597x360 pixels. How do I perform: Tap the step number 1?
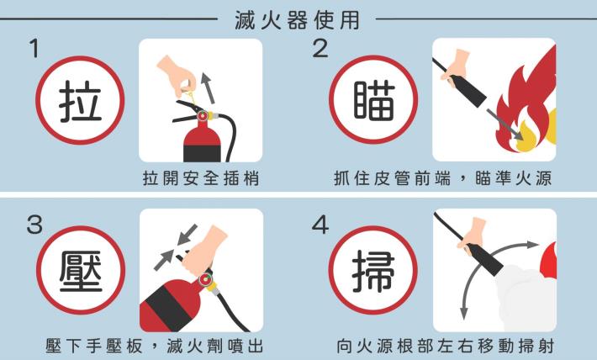click(x=34, y=49)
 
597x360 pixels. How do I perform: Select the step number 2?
click(x=320, y=49)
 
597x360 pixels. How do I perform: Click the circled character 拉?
click(x=80, y=104)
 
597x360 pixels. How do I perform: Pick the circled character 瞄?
click(x=369, y=104)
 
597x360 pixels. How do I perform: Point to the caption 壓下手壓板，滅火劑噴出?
click(x=159, y=346)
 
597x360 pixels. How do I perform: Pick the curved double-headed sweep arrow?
click(x=484, y=269)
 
